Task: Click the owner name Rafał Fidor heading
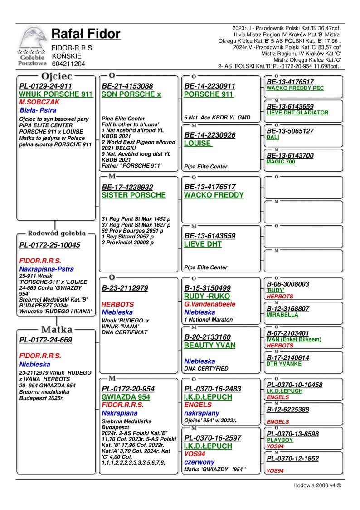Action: click(86, 34)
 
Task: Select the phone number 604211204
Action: click(68, 64)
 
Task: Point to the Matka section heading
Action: click(57, 329)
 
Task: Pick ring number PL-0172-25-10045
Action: click(49, 245)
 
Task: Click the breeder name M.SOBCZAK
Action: click(39, 102)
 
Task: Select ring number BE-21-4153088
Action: click(127, 86)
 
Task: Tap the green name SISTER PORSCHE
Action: click(134, 195)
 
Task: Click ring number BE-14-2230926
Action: click(209, 135)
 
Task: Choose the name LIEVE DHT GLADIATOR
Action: click(297, 113)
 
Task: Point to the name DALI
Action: click(272, 137)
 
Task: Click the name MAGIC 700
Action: click(280, 162)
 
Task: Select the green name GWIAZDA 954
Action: click(126, 397)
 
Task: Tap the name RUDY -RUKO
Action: click(207, 296)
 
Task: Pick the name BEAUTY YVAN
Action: click(209, 345)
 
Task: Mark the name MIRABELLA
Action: click(282, 315)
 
